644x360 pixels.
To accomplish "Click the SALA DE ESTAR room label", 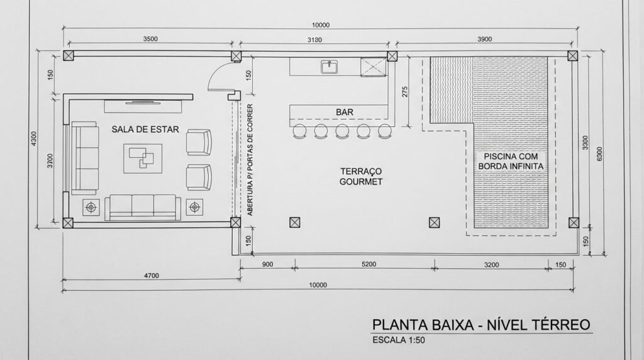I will point(145,130).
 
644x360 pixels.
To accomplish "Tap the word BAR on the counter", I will point(344,112).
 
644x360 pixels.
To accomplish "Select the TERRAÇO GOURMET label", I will point(361,176).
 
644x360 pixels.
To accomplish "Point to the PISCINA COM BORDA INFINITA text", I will point(510,161).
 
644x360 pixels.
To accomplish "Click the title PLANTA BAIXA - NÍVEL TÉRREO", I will point(481,325).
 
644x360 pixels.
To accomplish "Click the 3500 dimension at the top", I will point(150,39).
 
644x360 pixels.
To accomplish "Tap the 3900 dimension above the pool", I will point(484,40).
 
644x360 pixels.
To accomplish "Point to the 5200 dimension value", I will point(369,264).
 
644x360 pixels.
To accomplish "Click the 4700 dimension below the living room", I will point(151,275).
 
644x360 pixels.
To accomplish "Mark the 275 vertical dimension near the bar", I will point(406,91).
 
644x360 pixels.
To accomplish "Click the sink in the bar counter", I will point(328,66).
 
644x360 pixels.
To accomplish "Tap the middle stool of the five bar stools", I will point(343,131).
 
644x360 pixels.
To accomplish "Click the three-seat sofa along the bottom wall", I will point(142,206).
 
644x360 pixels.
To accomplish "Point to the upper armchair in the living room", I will point(201,142).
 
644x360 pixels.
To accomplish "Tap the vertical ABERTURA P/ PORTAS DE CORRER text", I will point(250,160).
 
